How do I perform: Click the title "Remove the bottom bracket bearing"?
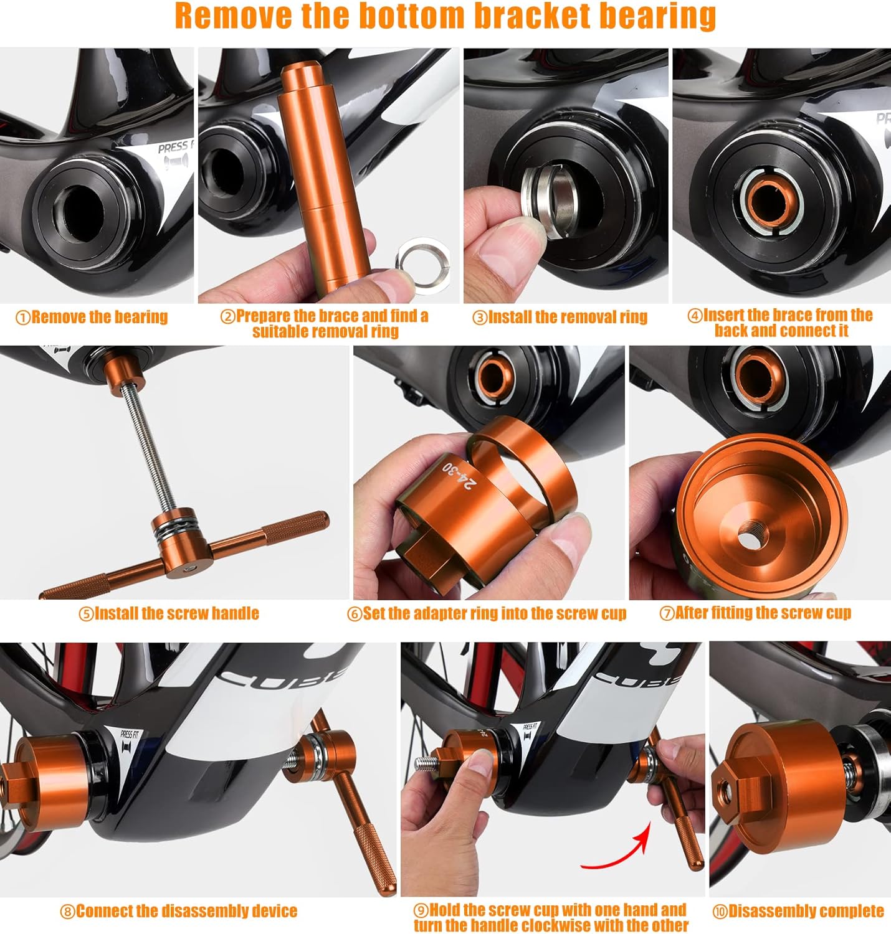(x=445, y=17)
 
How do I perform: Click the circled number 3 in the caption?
(x=479, y=318)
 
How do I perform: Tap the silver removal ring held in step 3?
(x=552, y=197)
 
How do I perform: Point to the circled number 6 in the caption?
(x=354, y=614)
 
